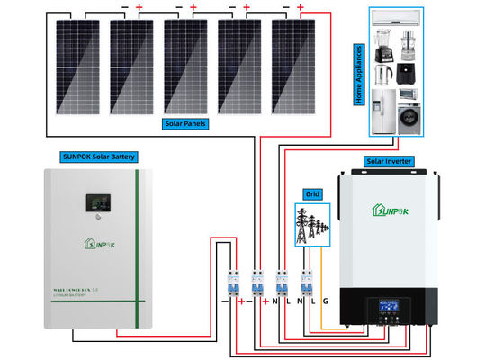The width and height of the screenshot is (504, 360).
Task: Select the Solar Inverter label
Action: (x=389, y=161)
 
